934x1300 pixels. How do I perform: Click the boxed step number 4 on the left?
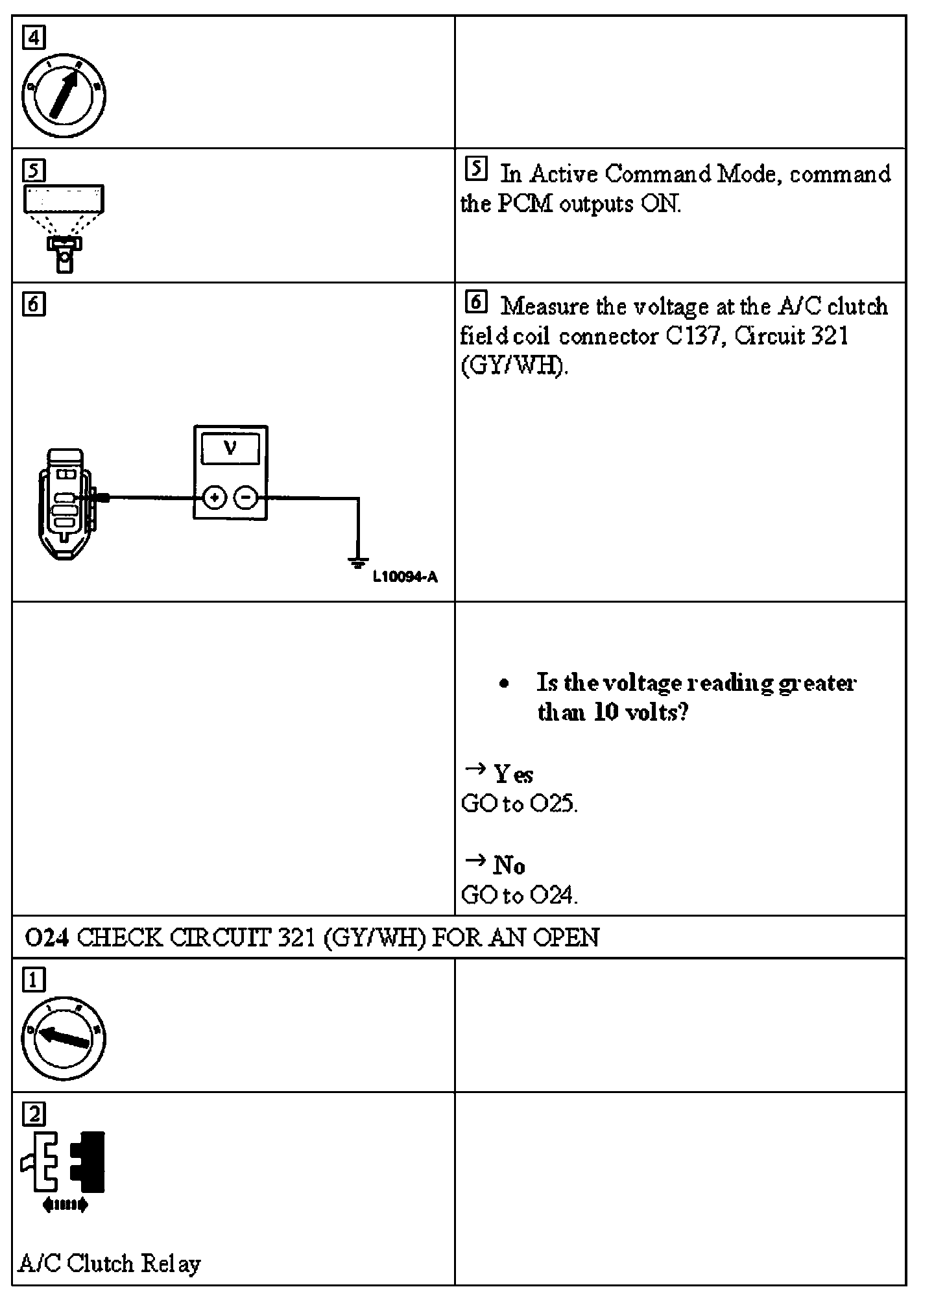point(34,38)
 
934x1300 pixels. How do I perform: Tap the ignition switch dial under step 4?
point(64,96)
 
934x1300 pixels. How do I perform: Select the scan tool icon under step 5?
point(64,227)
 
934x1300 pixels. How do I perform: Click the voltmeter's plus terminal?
point(214,498)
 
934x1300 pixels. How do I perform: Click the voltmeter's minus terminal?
point(246,498)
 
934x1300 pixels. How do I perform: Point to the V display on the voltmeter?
point(230,448)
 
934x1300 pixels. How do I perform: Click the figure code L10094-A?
point(405,577)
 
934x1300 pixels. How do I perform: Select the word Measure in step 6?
point(544,306)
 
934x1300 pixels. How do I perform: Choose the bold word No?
point(509,865)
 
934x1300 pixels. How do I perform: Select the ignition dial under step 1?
point(64,1038)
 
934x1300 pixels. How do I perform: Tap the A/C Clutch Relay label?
point(110,1263)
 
